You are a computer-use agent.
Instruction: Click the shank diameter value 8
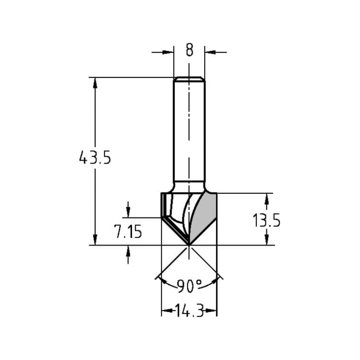pos(189,50)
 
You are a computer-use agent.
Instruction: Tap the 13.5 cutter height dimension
pos(266,220)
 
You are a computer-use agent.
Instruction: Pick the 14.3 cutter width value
pos(189,310)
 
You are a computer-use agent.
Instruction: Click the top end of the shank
pos(189,78)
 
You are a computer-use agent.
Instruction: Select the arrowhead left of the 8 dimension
pos(168,52)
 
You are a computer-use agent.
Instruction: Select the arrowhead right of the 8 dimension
pos(210,52)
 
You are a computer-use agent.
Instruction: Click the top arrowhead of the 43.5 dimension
pos(95,82)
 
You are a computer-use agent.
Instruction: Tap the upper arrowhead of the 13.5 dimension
pos(266,198)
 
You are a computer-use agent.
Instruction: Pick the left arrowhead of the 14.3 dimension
pos(166,310)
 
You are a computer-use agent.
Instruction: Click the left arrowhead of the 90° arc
pos(161,280)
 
